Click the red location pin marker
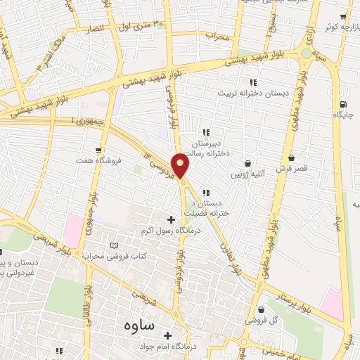click(181, 166)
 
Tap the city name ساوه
click(138, 326)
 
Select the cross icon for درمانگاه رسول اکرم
click(171, 219)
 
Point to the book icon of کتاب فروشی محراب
click(115, 245)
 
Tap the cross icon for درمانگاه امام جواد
click(167, 335)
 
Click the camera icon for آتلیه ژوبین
click(248, 163)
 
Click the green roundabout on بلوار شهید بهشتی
click(306, 53)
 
